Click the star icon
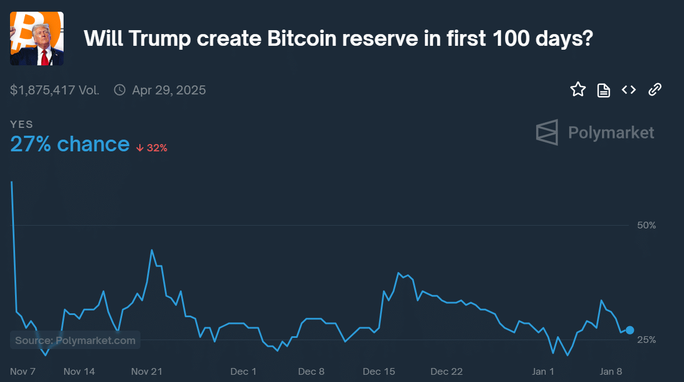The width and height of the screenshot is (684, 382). [578, 89]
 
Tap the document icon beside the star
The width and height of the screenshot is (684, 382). [604, 90]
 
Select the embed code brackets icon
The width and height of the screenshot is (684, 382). [629, 89]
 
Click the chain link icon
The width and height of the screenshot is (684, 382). [654, 89]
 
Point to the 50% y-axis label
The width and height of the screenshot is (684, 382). [647, 225]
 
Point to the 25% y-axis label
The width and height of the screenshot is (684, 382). [647, 340]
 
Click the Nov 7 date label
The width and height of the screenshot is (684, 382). [23, 371]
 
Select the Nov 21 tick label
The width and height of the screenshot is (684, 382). [147, 371]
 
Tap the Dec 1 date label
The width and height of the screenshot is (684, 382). [244, 371]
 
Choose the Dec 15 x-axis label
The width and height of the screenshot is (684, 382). [379, 371]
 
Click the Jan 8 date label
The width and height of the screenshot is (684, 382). [611, 371]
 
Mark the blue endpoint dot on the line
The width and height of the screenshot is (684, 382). [630, 330]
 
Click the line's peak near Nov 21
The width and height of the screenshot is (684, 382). [152, 250]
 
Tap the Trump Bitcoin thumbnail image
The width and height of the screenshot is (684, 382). [37, 39]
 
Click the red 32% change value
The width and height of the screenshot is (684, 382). [157, 148]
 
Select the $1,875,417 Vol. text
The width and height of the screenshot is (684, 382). [55, 90]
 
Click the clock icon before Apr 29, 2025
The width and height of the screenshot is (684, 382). [119, 90]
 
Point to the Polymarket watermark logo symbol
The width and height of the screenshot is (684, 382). [547, 132]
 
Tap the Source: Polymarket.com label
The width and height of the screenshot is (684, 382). [75, 340]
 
